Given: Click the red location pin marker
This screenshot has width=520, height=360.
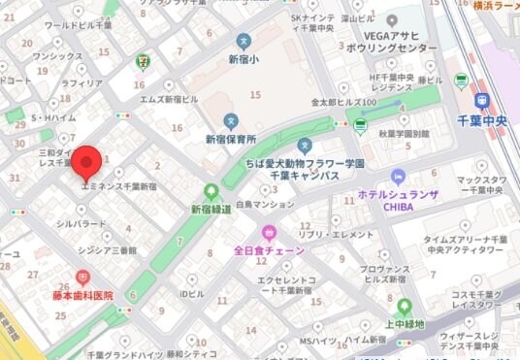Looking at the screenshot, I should click(x=88, y=161).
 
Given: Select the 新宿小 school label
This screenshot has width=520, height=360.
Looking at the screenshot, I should click(x=244, y=60).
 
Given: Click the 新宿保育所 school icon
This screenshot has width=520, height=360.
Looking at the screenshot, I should click(x=231, y=120).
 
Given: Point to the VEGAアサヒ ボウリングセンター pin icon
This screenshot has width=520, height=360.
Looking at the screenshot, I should click(x=392, y=20).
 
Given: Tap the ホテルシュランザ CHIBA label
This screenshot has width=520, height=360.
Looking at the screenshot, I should click(x=397, y=200).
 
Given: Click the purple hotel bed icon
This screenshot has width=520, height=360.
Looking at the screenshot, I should click(x=397, y=176).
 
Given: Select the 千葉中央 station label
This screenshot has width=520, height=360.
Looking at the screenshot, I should click(x=482, y=121).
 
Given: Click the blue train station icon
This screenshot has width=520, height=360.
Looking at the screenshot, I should click(x=482, y=101).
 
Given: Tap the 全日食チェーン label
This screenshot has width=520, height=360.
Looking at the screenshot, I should click(x=269, y=250).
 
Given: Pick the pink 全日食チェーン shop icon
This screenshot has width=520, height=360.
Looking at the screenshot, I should click(x=269, y=232).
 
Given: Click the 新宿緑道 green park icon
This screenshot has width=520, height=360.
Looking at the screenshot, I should click(x=211, y=191).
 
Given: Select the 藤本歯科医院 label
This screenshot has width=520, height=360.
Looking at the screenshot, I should click(x=82, y=295).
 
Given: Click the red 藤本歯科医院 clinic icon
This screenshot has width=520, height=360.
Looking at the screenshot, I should click(x=82, y=277).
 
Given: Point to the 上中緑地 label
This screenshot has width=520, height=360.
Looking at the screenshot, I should click(x=405, y=324).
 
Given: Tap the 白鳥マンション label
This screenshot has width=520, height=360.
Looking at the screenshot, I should click(x=263, y=205).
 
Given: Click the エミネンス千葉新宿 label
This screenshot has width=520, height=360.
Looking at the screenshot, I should click(x=120, y=184).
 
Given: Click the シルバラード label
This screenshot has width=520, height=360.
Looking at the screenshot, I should click(x=81, y=223).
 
